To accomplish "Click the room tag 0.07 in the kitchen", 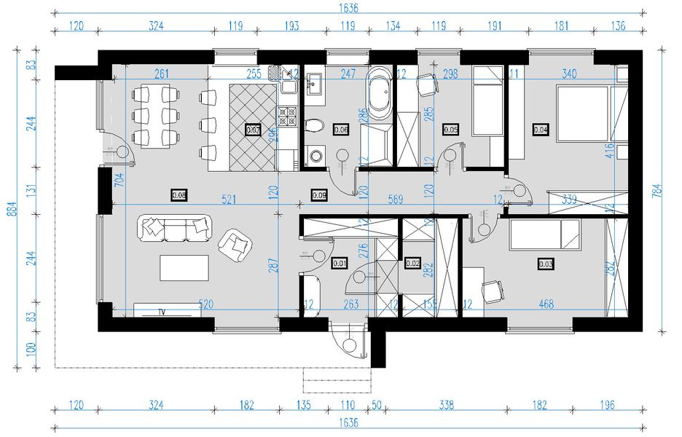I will point(254,130).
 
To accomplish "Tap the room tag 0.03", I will point(546,263).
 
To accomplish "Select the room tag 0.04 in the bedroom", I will point(540,130).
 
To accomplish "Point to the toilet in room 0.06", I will point(314,125).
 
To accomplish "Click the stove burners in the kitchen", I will point(287,114).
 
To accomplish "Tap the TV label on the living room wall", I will point(161,312).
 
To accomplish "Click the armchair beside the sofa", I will point(236,245).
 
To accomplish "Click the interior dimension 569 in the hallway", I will point(396,198).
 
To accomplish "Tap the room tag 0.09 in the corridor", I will point(319,194).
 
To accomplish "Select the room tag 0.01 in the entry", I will point(338,263).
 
